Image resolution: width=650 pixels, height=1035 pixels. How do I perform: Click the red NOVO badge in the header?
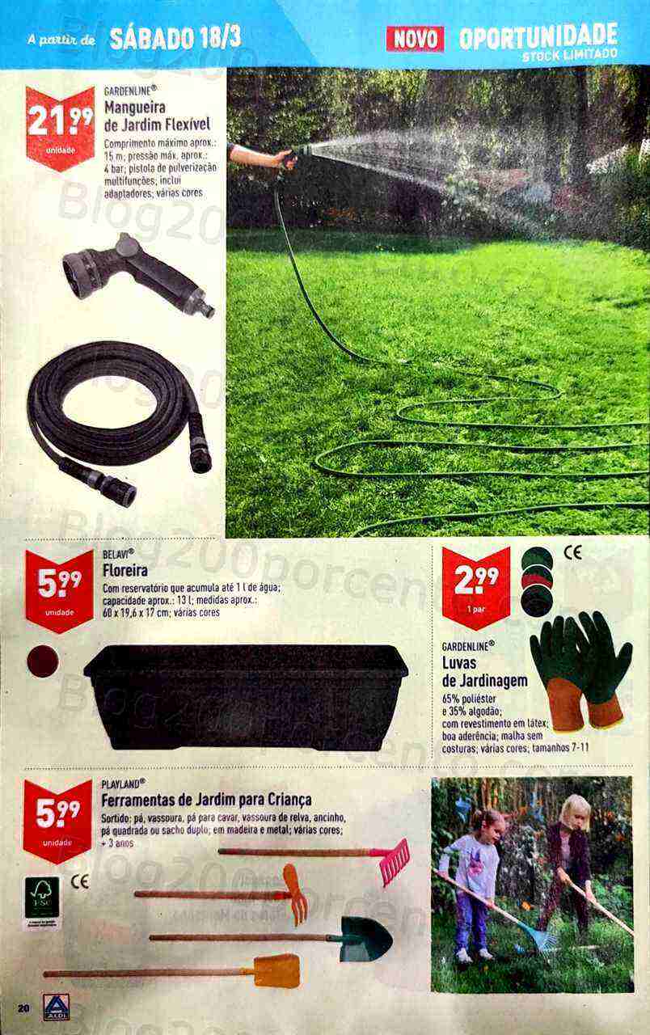point(415,38)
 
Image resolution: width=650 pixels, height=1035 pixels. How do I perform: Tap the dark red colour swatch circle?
point(43,661)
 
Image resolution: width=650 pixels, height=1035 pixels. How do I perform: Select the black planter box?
point(246,695)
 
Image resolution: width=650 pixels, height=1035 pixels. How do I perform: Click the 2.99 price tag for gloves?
point(475,581)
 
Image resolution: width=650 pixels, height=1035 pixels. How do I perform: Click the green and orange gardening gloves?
point(580,668)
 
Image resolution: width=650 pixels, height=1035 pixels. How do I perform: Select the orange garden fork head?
point(295,893)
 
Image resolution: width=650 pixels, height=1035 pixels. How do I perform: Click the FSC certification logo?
point(42,897)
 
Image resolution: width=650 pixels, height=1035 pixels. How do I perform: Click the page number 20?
point(23,1008)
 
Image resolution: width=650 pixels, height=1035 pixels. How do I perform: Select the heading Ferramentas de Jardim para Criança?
point(206,800)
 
